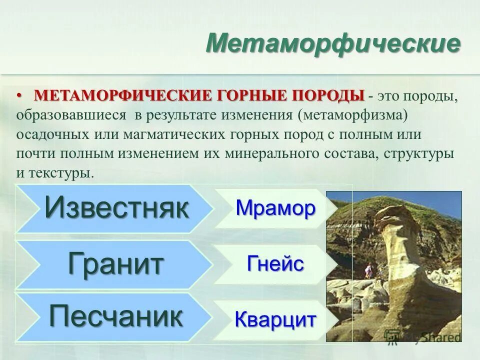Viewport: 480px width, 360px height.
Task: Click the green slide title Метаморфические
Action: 333,44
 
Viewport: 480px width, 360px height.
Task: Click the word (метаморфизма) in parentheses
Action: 354,115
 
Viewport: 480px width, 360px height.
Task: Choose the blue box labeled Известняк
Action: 115,208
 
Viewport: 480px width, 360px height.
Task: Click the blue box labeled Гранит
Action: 115,264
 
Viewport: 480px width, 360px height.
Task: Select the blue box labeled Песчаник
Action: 115,317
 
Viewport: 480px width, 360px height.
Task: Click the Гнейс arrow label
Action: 275,263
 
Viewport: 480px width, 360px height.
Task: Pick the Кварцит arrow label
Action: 275,319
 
